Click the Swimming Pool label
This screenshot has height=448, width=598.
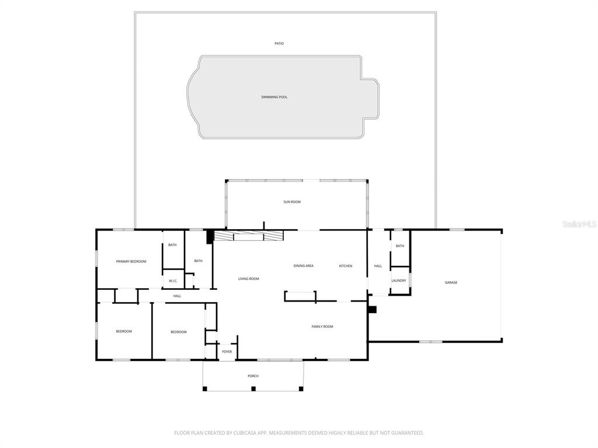[274, 97]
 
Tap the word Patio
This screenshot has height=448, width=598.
[279, 44]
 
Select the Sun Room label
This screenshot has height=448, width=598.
[292, 202]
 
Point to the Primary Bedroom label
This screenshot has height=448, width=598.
[131, 261]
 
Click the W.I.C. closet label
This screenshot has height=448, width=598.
[173, 281]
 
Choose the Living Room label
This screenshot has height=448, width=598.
[248, 279]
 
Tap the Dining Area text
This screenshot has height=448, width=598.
[303, 266]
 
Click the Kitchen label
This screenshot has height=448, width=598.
[346, 266]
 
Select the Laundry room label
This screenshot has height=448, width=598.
[399, 281]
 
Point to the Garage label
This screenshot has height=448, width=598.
[451, 282]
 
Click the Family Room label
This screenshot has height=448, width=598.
[322, 327]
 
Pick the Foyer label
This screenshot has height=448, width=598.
[227, 352]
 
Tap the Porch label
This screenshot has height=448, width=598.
[253, 376]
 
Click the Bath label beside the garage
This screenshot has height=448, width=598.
[399, 246]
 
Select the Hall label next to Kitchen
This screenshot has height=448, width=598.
[378, 266]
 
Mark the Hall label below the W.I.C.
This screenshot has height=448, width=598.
[177, 296]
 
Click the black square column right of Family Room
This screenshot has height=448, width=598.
[373, 309]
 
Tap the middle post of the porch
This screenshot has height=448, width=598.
[253, 388]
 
